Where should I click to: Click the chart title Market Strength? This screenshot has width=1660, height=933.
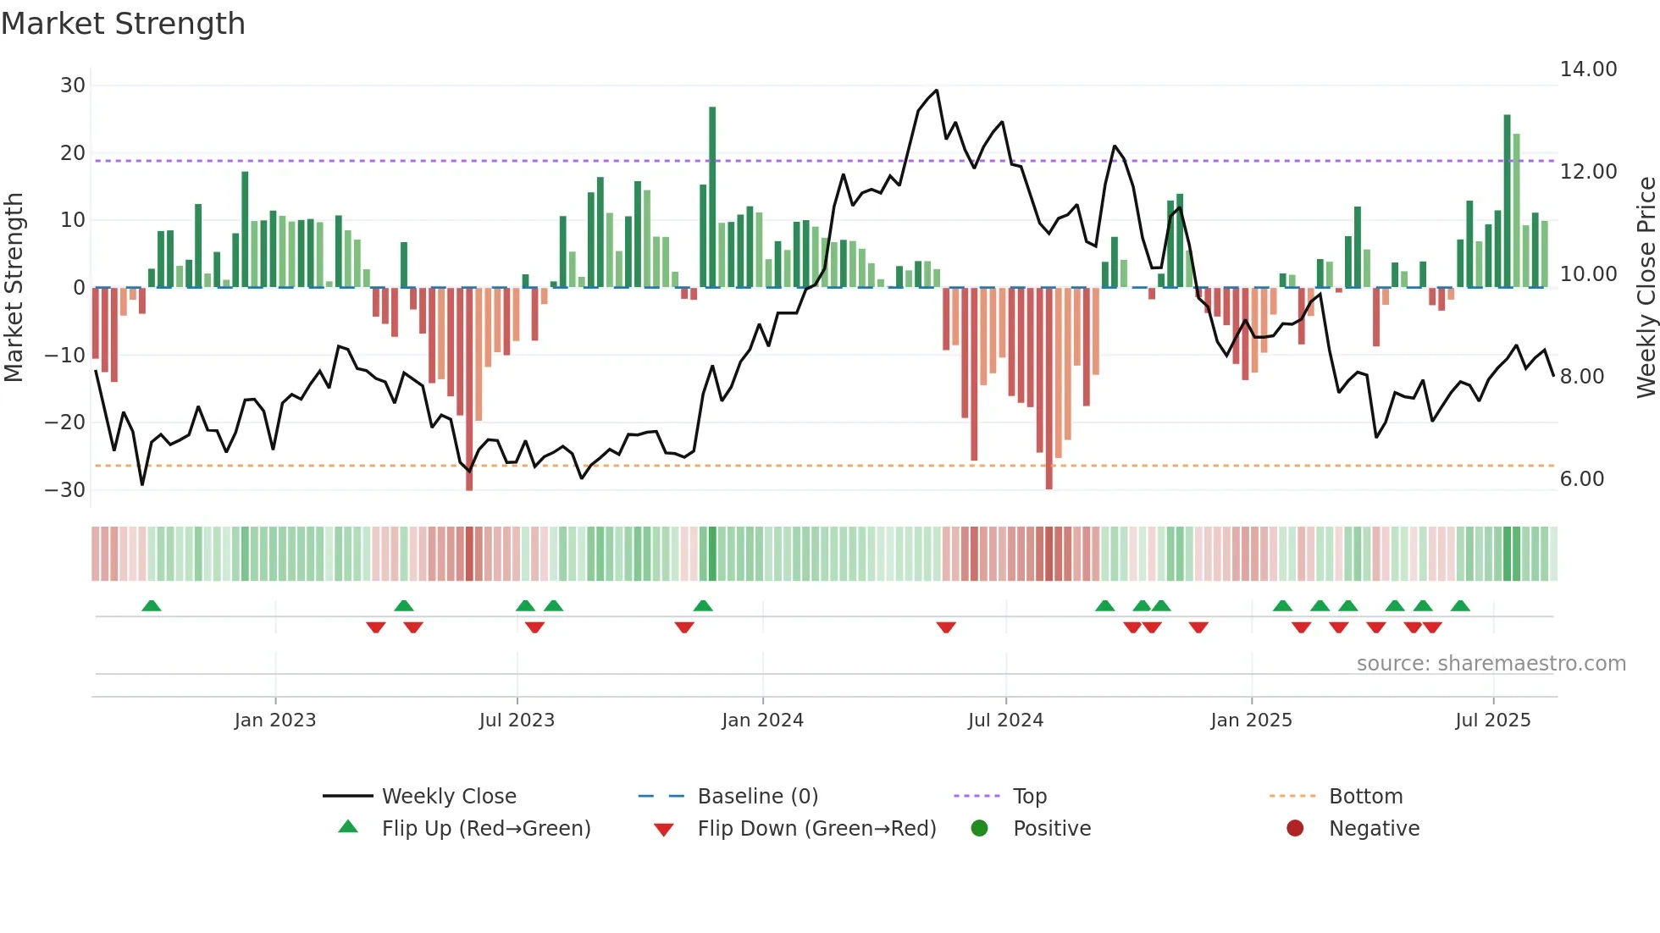tap(123, 24)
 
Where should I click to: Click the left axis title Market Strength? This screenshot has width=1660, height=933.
tap(14, 287)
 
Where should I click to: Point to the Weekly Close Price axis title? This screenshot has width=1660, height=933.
tap(1646, 287)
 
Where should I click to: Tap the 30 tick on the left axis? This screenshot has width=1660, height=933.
tap(73, 86)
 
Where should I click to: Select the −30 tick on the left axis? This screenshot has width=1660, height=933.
tap(65, 490)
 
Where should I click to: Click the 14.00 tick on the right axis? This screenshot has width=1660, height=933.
tap(1588, 69)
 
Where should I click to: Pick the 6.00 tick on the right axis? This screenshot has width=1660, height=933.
tap(1582, 479)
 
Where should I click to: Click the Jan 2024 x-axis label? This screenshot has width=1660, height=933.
tap(762, 720)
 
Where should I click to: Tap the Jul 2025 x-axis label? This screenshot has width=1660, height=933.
tap(1492, 720)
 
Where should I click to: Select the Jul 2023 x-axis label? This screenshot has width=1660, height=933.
tap(517, 720)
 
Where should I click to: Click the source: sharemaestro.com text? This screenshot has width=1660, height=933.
tap(1491, 664)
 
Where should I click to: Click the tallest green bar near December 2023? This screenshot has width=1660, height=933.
tap(712, 195)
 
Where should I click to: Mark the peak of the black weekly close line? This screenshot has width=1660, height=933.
tap(937, 91)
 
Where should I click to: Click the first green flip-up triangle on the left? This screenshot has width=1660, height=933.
tap(152, 605)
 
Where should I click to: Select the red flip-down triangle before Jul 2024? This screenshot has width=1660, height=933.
tap(946, 627)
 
